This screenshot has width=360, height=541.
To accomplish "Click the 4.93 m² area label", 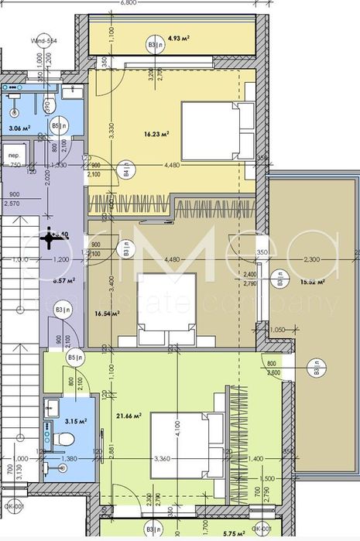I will (x=180, y=36).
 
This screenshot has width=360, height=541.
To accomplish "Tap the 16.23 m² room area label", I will (x=157, y=133).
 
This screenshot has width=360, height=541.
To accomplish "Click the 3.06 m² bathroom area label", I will (x=19, y=128).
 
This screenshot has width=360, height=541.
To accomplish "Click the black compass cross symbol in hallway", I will (x=50, y=239).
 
